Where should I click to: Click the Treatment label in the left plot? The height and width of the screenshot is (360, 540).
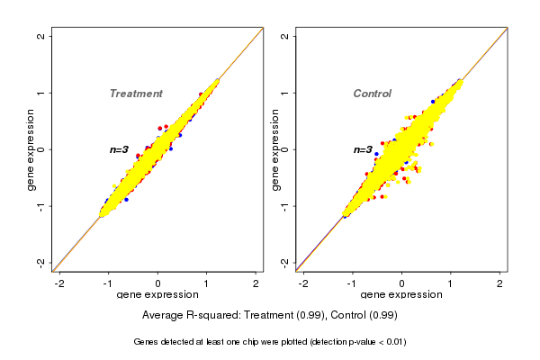tap(136, 94)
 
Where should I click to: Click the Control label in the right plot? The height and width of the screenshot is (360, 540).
tap(372, 94)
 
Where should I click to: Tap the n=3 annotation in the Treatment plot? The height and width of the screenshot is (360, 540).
tap(120, 149)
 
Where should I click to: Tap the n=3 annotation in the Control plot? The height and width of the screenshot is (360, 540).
tap(363, 150)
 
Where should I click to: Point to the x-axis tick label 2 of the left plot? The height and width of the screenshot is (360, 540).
tap(256, 283)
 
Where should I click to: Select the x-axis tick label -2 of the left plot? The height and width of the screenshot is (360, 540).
tap(59, 283)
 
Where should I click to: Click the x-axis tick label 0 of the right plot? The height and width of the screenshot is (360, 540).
tap(401, 283)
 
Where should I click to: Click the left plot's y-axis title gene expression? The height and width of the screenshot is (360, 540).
tap(31, 149)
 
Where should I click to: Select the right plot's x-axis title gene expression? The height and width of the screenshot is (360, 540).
tap(401, 295)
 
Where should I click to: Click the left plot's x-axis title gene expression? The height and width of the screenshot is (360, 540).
tap(157, 295)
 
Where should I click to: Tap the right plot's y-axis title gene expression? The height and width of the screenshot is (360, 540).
tap(274, 149)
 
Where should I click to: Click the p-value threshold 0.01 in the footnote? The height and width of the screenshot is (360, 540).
tap(393, 342)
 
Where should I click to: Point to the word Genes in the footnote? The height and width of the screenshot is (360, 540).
tap(148, 342)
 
